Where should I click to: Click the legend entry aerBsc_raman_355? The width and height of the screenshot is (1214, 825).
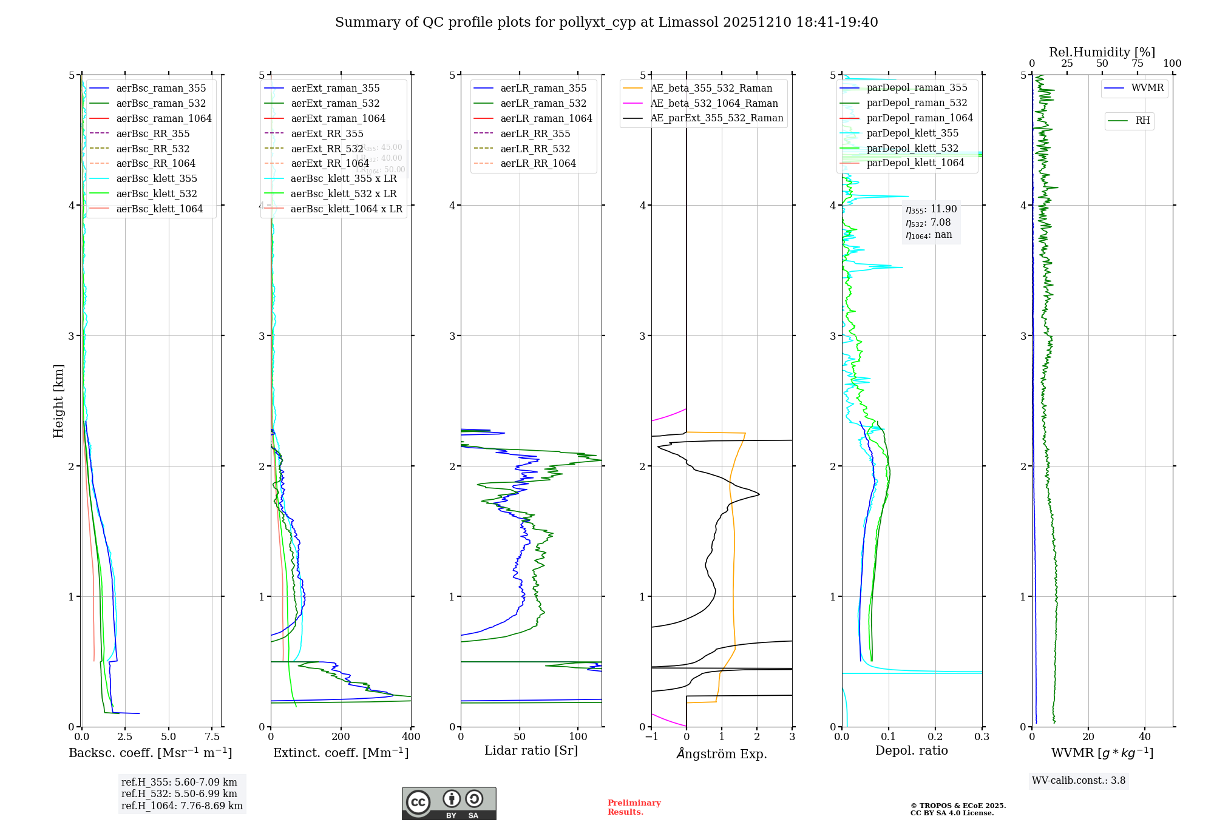pyautogui.click(x=161, y=89)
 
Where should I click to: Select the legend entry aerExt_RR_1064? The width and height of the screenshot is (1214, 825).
pyautogui.click(x=330, y=164)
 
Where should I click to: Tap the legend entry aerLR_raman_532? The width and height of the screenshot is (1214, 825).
pyautogui.click(x=543, y=104)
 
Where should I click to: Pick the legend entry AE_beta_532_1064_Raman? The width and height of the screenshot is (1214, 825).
pyautogui.click(x=714, y=104)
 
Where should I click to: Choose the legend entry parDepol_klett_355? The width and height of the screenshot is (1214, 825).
pyautogui.click(x=912, y=133)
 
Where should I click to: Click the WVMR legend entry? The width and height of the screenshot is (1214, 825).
pyautogui.click(x=1147, y=88)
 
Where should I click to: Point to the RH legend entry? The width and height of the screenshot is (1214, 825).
pyautogui.click(x=1142, y=121)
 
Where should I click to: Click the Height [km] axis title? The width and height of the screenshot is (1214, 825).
pyautogui.click(x=58, y=401)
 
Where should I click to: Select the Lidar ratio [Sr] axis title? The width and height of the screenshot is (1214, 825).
pyautogui.click(x=531, y=751)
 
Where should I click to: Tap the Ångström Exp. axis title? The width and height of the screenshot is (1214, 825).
pyautogui.click(x=722, y=753)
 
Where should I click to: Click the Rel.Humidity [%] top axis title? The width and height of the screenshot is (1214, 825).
pyautogui.click(x=1102, y=52)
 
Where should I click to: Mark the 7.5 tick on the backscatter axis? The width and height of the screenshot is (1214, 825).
pyautogui.click(x=212, y=737)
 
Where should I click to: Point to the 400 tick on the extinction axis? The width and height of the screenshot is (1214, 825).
pyautogui.click(x=411, y=737)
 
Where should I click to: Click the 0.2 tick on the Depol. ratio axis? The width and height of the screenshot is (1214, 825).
pyautogui.click(x=935, y=737)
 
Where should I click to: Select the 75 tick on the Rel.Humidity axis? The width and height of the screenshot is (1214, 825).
pyautogui.click(x=1137, y=64)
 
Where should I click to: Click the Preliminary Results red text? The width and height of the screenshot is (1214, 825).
pyautogui.click(x=634, y=807)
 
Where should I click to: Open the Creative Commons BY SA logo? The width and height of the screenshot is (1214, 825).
pyautogui.click(x=449, y=804)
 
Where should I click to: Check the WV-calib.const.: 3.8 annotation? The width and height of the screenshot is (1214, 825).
pyautogui.click(x=1079, y=781)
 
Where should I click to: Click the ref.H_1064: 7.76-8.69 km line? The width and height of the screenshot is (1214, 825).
pyautogui.click(x=182, y=806)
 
